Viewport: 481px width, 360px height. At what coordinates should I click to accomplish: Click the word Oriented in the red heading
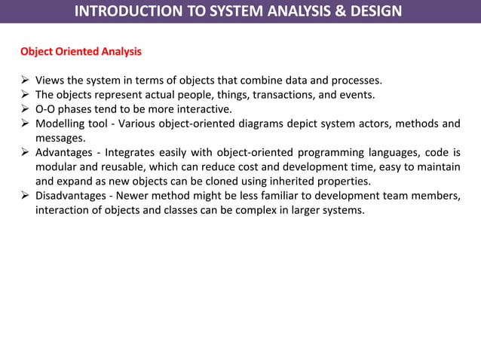(x=78, y=53)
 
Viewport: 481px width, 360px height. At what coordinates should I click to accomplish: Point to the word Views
(x=51, y=81)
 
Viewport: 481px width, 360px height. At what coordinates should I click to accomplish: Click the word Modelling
(x=64, y=124)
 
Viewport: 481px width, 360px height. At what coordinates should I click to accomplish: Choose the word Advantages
(x=67, y=153)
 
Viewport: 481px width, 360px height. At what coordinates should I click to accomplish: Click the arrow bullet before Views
(x=24, y=81)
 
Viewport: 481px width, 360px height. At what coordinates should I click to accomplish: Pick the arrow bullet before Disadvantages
(x=24, y=196)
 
